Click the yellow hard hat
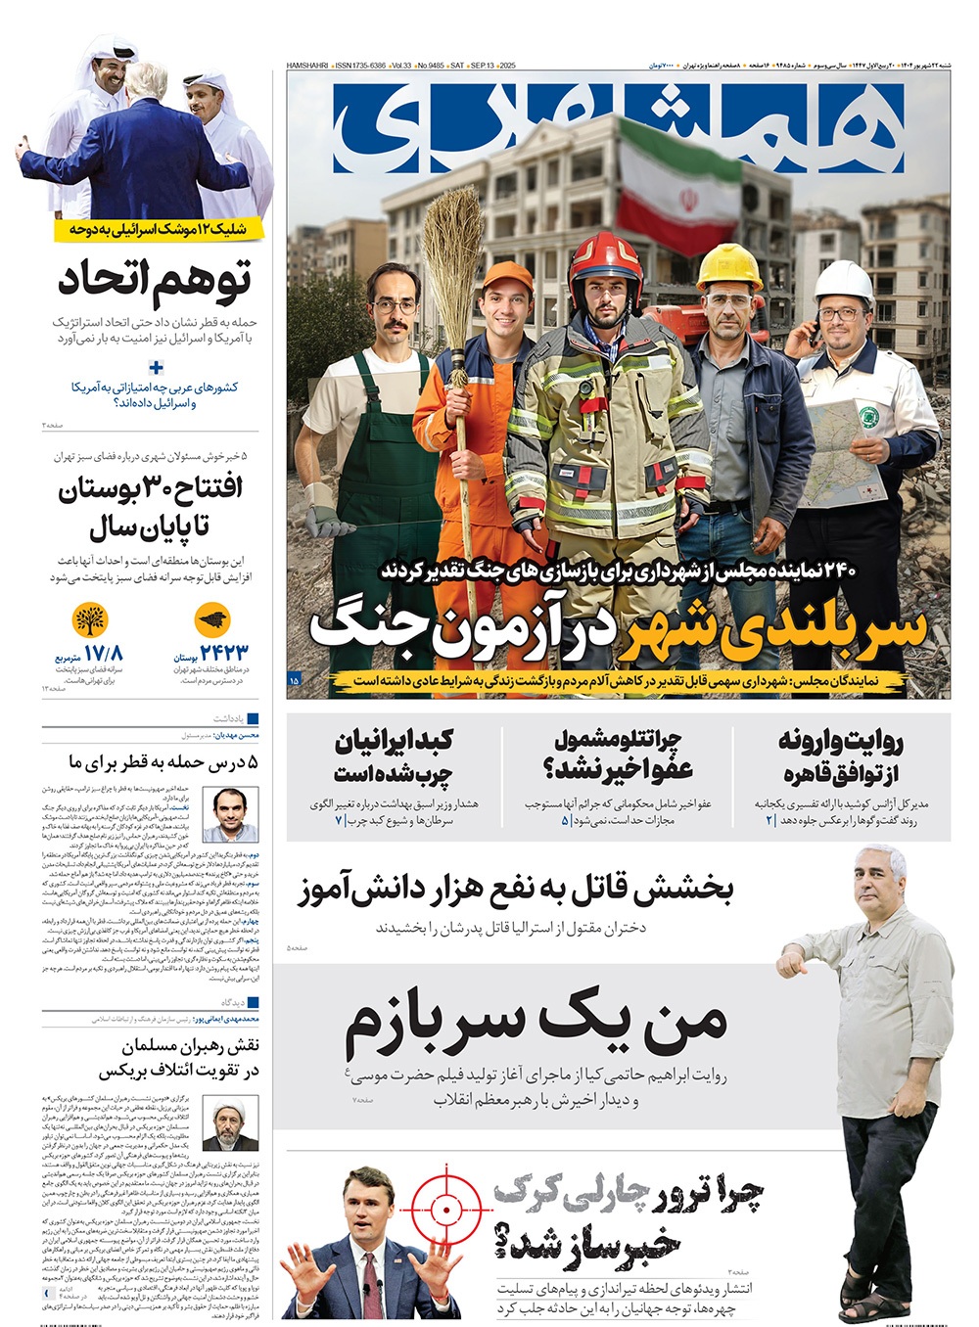click(728, 265)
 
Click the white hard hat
click(843, 282)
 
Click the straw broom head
click(453, 235)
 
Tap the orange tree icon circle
click(90, 620)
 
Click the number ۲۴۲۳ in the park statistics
click(224, 652)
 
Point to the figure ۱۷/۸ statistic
click(103, 652)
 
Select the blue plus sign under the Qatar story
click(156, 368)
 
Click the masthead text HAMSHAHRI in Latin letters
click(307, 66)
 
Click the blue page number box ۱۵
click(295, 678)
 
